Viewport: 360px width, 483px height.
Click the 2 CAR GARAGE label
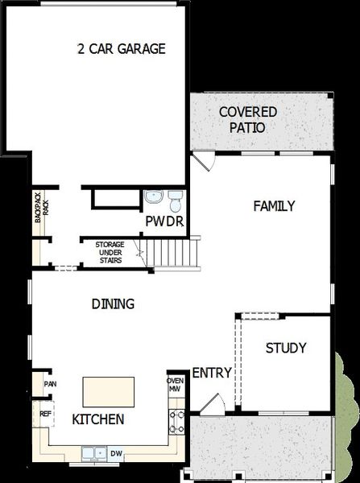121,49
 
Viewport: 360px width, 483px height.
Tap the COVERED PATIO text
247,119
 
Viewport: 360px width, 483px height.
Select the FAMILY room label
274,206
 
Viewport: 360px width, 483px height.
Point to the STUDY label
286,349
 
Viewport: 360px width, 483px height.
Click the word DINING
112,304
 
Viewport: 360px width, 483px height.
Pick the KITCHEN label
98,419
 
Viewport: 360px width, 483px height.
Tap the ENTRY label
212,373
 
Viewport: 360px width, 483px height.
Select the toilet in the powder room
174,197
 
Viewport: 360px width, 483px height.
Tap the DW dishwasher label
117,453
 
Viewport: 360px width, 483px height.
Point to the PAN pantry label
50,384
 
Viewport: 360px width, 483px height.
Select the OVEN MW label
175,385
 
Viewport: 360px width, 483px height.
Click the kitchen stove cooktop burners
176,422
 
